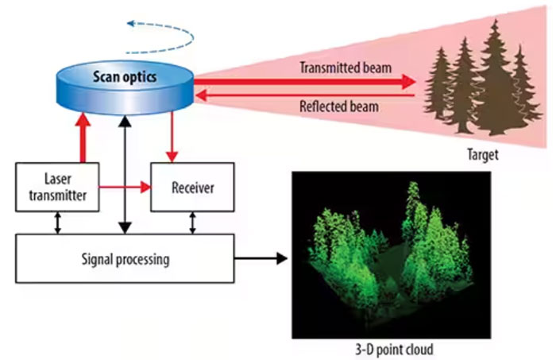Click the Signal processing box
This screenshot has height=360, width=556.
pos(125,259)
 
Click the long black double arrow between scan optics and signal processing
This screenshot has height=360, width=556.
pos(125,175)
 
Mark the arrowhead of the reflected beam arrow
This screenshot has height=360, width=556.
pos(202,95)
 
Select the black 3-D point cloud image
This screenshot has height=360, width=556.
pos(394,254)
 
